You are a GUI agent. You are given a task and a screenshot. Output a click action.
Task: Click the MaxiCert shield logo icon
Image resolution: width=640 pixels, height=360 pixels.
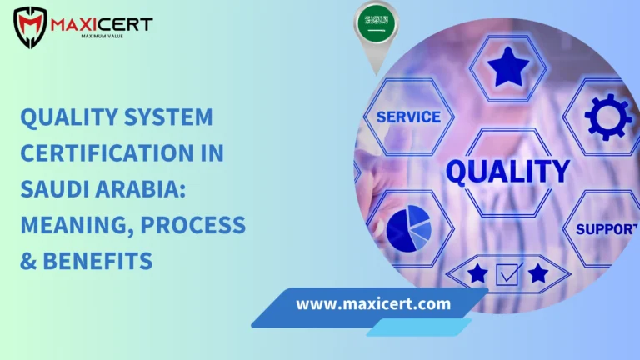click(x=30, y=27)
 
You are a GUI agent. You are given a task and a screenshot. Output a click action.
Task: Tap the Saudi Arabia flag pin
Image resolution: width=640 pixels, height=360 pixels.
click(x=376, y=25)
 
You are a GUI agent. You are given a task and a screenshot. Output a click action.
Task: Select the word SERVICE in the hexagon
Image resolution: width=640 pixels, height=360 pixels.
click(x=407, y=117)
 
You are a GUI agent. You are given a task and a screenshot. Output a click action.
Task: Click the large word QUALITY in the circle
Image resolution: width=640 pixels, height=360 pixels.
click(x=507, y=171)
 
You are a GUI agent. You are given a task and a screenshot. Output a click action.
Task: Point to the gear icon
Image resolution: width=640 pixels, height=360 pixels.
click(x=607, y=116)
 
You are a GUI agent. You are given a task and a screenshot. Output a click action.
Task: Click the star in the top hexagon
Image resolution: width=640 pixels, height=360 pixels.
click(x=507, y=67)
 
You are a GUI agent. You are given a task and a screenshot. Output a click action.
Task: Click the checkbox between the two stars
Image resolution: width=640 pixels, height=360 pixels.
click(x=509, y=273)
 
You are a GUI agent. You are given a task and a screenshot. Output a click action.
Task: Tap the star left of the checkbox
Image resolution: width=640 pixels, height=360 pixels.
click(x=477, y=273)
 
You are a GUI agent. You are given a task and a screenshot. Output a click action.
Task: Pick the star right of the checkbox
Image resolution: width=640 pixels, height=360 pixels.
click(x=538, y=273)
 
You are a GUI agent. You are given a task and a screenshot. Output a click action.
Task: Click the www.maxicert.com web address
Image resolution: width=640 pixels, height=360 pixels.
click(x=373, y=303)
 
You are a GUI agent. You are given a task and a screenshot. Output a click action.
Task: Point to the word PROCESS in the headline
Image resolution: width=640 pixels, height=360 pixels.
click(x=201, y=225)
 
